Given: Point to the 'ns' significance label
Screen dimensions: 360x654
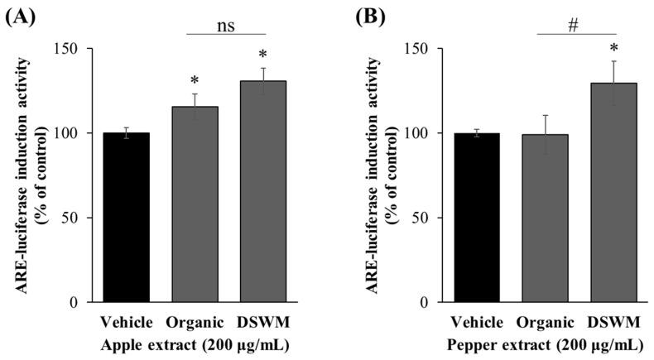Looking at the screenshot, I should coord(228,25).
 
